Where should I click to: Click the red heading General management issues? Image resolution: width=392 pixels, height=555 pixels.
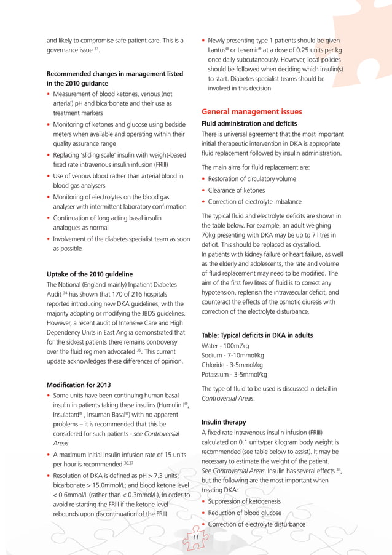point(251,112)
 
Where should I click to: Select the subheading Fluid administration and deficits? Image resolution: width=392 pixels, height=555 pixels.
point(249,124)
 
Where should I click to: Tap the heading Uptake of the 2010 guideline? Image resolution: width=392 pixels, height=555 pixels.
point(89,273)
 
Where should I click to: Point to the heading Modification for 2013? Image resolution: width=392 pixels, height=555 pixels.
point(79,385)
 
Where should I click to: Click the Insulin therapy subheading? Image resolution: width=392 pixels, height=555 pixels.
point(224,422)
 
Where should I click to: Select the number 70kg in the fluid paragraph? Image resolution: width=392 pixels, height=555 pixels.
point(210,236)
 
